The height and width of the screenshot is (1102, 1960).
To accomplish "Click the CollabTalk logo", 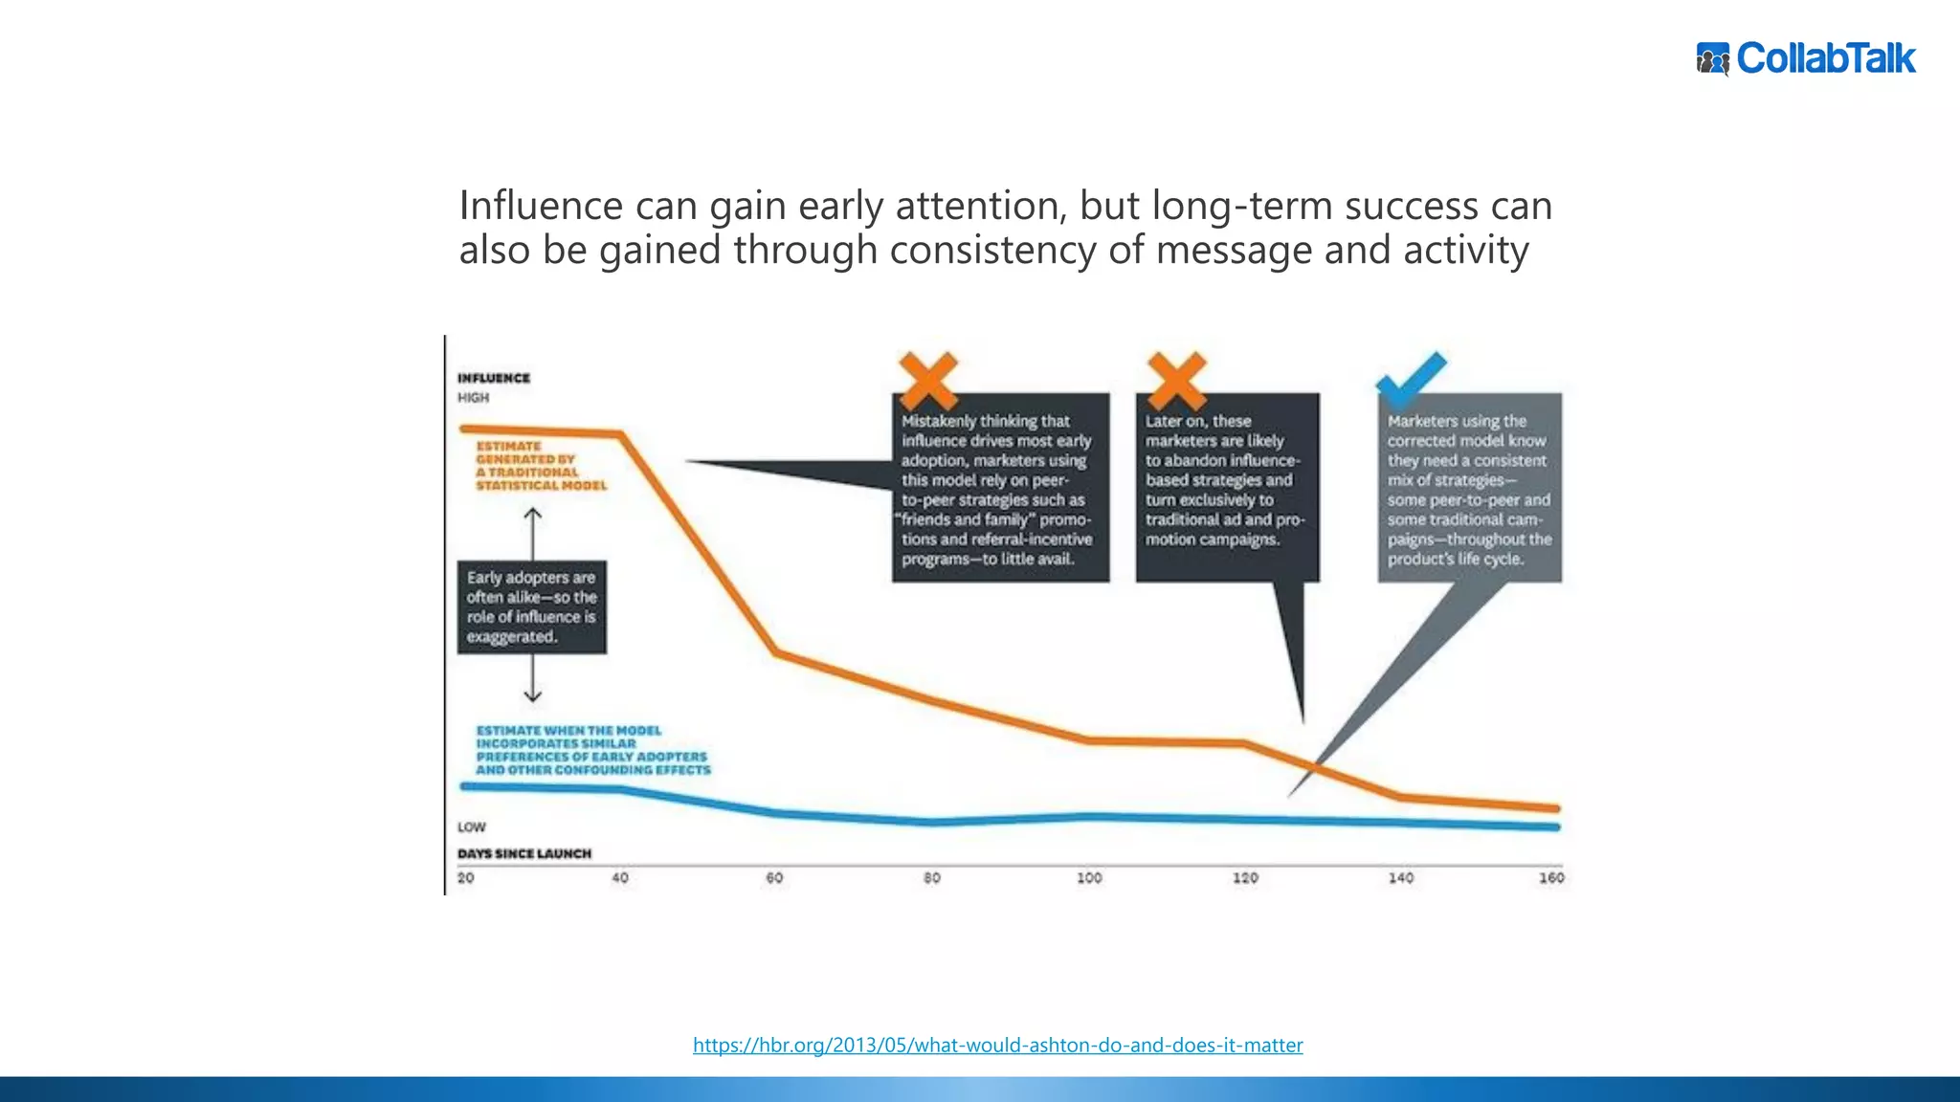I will coord(1806,58).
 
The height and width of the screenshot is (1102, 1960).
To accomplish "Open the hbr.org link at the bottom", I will coord(997,1045).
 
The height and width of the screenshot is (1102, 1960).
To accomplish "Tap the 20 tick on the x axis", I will coord(466,877).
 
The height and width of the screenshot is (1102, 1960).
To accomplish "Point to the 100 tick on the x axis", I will coord(1089,877).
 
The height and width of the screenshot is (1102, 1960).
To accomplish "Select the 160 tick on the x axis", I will coord(1550,877).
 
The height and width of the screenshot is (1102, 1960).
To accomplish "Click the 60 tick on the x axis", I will coord(774,877).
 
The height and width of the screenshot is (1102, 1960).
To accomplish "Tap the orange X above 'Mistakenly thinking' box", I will coord(927,380).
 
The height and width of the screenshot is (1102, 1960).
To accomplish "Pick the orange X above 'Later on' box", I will coord(1176,380).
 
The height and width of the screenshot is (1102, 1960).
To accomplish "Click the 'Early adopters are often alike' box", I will coord(531,607).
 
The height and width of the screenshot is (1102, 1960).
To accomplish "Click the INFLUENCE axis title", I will coord(494,378).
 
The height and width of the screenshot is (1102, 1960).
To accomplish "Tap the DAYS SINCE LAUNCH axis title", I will coord(524,853).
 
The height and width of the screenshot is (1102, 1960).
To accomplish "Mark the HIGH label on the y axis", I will coord(473,397).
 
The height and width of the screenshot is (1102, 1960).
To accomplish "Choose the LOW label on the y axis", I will coord(472,826).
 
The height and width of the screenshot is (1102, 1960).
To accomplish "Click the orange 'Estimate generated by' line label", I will coord(540,466).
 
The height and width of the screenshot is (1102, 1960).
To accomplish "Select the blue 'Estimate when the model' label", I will coord(592,750).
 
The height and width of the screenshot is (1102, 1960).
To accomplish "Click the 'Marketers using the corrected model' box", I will coord(1469,488).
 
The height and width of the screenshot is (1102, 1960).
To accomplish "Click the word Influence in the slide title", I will coord(542,206).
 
